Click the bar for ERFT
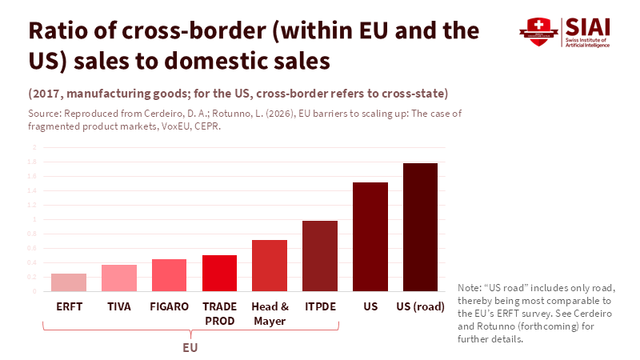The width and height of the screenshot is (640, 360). (69, 282)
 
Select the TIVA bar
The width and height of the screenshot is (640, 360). (119, 278)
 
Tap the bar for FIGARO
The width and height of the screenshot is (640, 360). (169, 275)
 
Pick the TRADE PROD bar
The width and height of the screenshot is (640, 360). (219, 273)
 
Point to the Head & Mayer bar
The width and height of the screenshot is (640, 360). (270, 266)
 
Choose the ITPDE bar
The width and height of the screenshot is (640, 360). (320, 256)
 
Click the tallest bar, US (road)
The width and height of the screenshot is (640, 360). (420, 227)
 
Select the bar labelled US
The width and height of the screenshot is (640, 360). (370, 237)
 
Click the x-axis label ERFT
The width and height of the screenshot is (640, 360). (69, 306)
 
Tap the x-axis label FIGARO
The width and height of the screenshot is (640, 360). (169, 306)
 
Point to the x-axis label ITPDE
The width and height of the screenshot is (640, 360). (320, 306)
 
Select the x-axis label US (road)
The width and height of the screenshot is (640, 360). (421, 306)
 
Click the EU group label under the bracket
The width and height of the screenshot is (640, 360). (190, 348)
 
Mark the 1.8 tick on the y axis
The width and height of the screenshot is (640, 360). (33, 162)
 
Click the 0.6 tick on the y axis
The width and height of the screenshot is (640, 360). (33, 248)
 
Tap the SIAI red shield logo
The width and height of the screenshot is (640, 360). (534, 32)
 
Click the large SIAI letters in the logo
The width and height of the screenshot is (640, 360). (587, 26)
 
